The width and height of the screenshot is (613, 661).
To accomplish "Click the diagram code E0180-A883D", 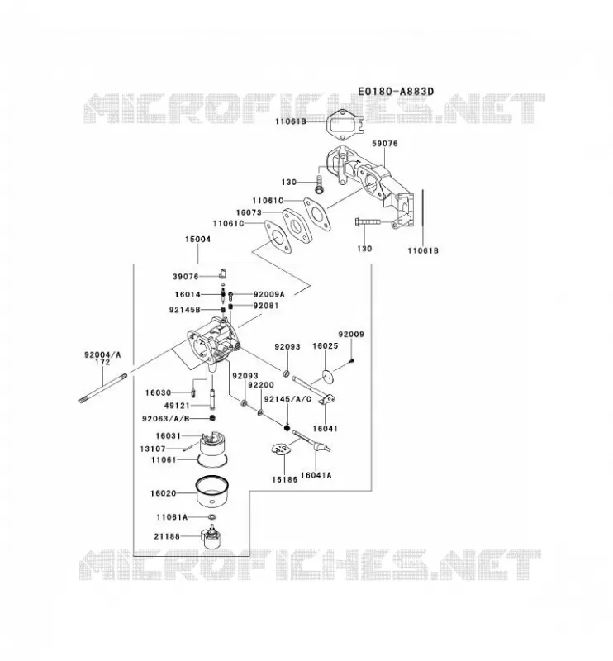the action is coord(396,91).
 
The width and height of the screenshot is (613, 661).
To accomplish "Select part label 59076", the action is coord(384,143).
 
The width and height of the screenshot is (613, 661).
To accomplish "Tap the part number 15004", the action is coord(197,239).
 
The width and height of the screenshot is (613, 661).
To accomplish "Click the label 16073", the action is coord(249,212).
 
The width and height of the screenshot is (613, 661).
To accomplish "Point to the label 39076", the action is coord(186,277).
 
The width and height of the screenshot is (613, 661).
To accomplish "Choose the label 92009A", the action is coord(269,294).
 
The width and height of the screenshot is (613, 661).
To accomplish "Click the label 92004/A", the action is coord(102,355).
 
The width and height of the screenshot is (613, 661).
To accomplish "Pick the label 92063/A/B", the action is coord(166,419).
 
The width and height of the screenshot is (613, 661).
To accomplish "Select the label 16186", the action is coord(284,479).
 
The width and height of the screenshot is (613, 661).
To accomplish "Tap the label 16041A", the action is coord(316,476).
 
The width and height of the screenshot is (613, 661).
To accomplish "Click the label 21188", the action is coord(167,536).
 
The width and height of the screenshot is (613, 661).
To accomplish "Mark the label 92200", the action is coord(261,385).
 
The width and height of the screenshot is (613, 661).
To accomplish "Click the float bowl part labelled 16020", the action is coord(213,492).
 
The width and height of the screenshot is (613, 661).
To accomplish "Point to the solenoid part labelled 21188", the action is coord(212,536).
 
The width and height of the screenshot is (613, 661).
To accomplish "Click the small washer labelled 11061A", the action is coord(212,517).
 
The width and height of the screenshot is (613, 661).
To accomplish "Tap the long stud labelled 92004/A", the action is coord(103,387).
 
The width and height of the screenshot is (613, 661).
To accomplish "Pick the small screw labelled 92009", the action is coord(352,360).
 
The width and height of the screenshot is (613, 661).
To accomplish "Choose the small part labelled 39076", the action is coord(222,273).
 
